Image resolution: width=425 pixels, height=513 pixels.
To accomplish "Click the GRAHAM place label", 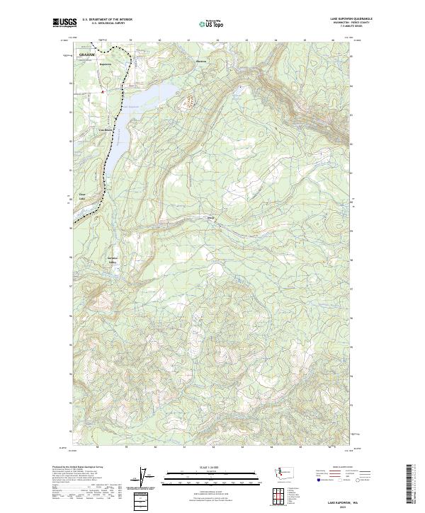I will coord(87,54).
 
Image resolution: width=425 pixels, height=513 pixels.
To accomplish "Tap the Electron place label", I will coord(202,61).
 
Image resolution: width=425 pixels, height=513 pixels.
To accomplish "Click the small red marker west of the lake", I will coord(102,91).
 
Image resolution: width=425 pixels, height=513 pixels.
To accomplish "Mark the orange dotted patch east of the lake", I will coord(188,102).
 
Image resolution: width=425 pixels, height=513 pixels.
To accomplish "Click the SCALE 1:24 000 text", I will coord(212,468).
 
